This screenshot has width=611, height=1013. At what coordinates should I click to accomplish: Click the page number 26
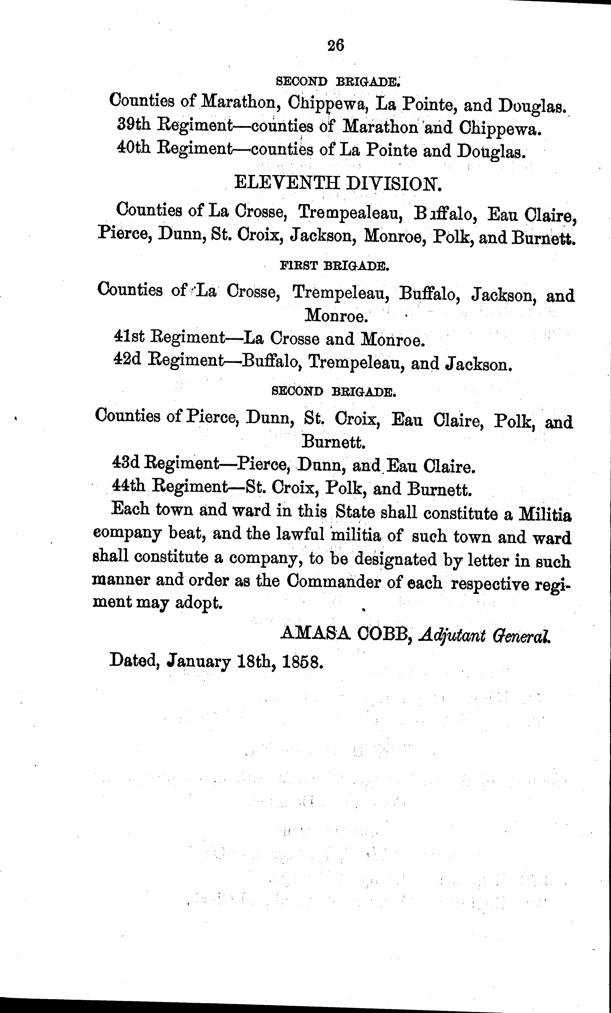click(336, 45)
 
